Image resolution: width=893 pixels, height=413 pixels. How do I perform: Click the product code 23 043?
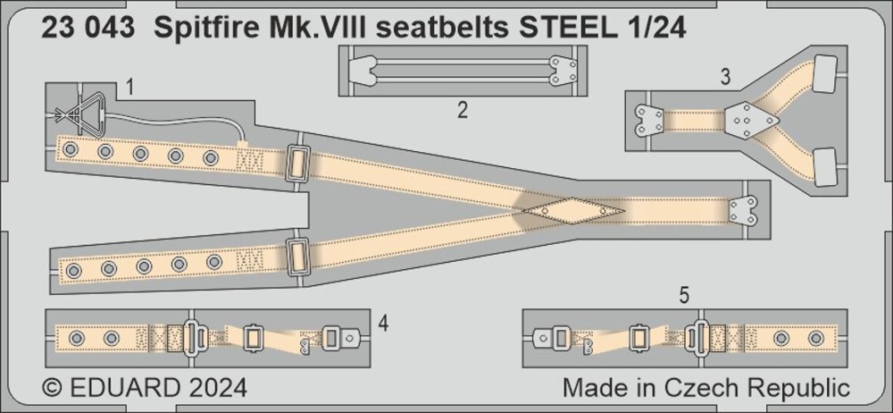point(88,28)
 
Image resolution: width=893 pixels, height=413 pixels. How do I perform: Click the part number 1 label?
point(129,88)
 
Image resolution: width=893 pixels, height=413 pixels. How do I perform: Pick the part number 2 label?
point(463,109)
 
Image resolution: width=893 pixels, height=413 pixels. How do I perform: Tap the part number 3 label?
point(725,77)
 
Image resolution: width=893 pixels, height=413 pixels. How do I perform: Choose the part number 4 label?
point(383,324)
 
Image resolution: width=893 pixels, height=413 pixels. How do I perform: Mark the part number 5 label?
point(685,296)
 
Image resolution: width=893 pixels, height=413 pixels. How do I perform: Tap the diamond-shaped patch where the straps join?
point(574,211)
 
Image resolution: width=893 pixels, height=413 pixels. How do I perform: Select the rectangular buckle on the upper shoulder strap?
point(297,164)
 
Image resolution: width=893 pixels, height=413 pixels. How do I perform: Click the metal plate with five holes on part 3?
point(750,121)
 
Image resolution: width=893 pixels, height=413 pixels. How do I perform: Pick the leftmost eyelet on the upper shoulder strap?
point(71,150)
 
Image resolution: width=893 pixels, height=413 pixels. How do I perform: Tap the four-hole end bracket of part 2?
point(563,71)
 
